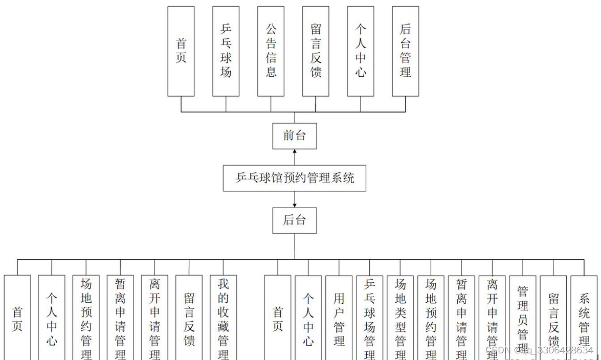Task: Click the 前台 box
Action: [294, 136]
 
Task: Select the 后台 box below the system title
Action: [294, 220]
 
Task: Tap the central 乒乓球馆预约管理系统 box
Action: [295, 178]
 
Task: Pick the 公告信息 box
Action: [271, 51]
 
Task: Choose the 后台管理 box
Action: [405, 51]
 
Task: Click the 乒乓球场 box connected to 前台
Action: [226, 51]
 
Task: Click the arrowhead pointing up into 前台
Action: [295, 152]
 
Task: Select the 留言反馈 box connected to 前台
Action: [316, 51]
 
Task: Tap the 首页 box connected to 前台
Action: [181, 51]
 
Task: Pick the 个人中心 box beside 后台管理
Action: [360, 51]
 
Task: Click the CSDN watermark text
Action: [539, 350]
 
